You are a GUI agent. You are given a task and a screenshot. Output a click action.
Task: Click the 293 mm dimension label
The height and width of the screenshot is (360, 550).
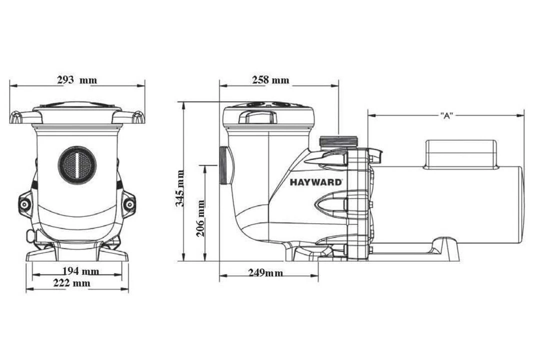tap(77, 80)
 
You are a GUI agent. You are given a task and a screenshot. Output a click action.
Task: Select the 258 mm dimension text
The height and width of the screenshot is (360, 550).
tap(270, 80)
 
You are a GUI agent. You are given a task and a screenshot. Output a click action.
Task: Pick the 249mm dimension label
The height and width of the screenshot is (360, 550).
tap(265, 273)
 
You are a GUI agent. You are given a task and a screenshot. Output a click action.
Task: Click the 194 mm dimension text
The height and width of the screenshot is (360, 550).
tap(80, 271)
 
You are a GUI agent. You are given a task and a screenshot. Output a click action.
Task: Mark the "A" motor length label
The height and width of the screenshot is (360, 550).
tap(446, 115)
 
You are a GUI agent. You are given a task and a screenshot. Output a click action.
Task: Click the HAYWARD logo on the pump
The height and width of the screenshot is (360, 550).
tap(316, 182)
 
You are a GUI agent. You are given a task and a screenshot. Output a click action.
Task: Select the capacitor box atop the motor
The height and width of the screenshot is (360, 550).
tap(460, 153)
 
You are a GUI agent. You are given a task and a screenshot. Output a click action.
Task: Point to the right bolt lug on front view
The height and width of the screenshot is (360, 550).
tap(129, 204)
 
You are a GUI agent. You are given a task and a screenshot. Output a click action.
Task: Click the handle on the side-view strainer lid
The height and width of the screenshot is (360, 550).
tap(259, 117)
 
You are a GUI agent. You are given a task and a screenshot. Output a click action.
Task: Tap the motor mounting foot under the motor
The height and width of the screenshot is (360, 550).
tap(440, 248)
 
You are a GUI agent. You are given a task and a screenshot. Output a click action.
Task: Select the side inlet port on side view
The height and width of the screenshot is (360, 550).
tap(223, 165)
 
